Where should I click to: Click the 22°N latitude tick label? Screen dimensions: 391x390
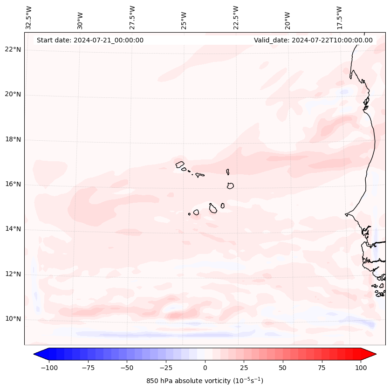[x=13, y=50]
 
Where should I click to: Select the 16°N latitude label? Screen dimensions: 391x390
[x=13, y=185]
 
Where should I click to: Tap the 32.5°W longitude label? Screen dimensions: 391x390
[x=29, y=17]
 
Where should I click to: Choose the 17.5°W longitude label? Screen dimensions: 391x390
[x=339, y=17]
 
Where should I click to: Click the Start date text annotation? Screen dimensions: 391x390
[x=90, y=40]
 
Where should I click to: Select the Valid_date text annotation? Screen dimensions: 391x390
[x=313, y=40]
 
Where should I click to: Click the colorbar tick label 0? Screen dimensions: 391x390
[x=205, y=368]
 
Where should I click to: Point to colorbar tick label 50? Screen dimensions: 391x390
[x=282, y=368]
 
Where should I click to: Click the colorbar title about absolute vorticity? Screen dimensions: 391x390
[x=205, y=381]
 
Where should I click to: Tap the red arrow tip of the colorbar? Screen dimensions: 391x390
[x=369, y=354]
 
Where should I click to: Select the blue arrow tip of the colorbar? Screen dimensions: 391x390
[x=41, y=354]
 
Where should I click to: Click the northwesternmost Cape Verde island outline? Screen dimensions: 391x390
[x=180, y=164]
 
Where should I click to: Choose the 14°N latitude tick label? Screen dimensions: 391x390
[x=13, y=229]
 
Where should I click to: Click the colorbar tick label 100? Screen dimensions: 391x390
[x=360, y=368]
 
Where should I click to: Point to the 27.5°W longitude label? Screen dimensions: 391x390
[x=132, y=17]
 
